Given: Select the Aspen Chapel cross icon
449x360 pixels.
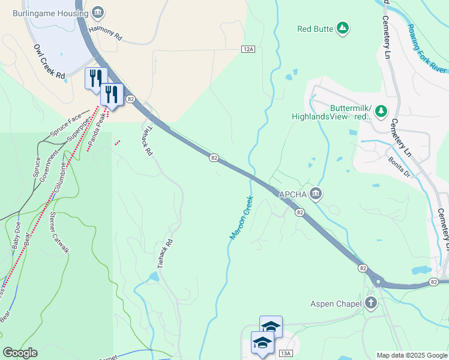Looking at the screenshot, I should coord(371,304).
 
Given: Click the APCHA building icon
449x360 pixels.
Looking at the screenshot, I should coord(316,194).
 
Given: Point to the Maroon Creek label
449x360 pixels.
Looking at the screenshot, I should coord(241,218).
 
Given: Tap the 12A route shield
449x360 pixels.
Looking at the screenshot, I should coord(249,49).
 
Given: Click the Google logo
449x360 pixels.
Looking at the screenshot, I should coord(20,353).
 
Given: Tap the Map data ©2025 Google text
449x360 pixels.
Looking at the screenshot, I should coord(412,355).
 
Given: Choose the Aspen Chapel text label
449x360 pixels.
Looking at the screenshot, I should coord(336,304).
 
